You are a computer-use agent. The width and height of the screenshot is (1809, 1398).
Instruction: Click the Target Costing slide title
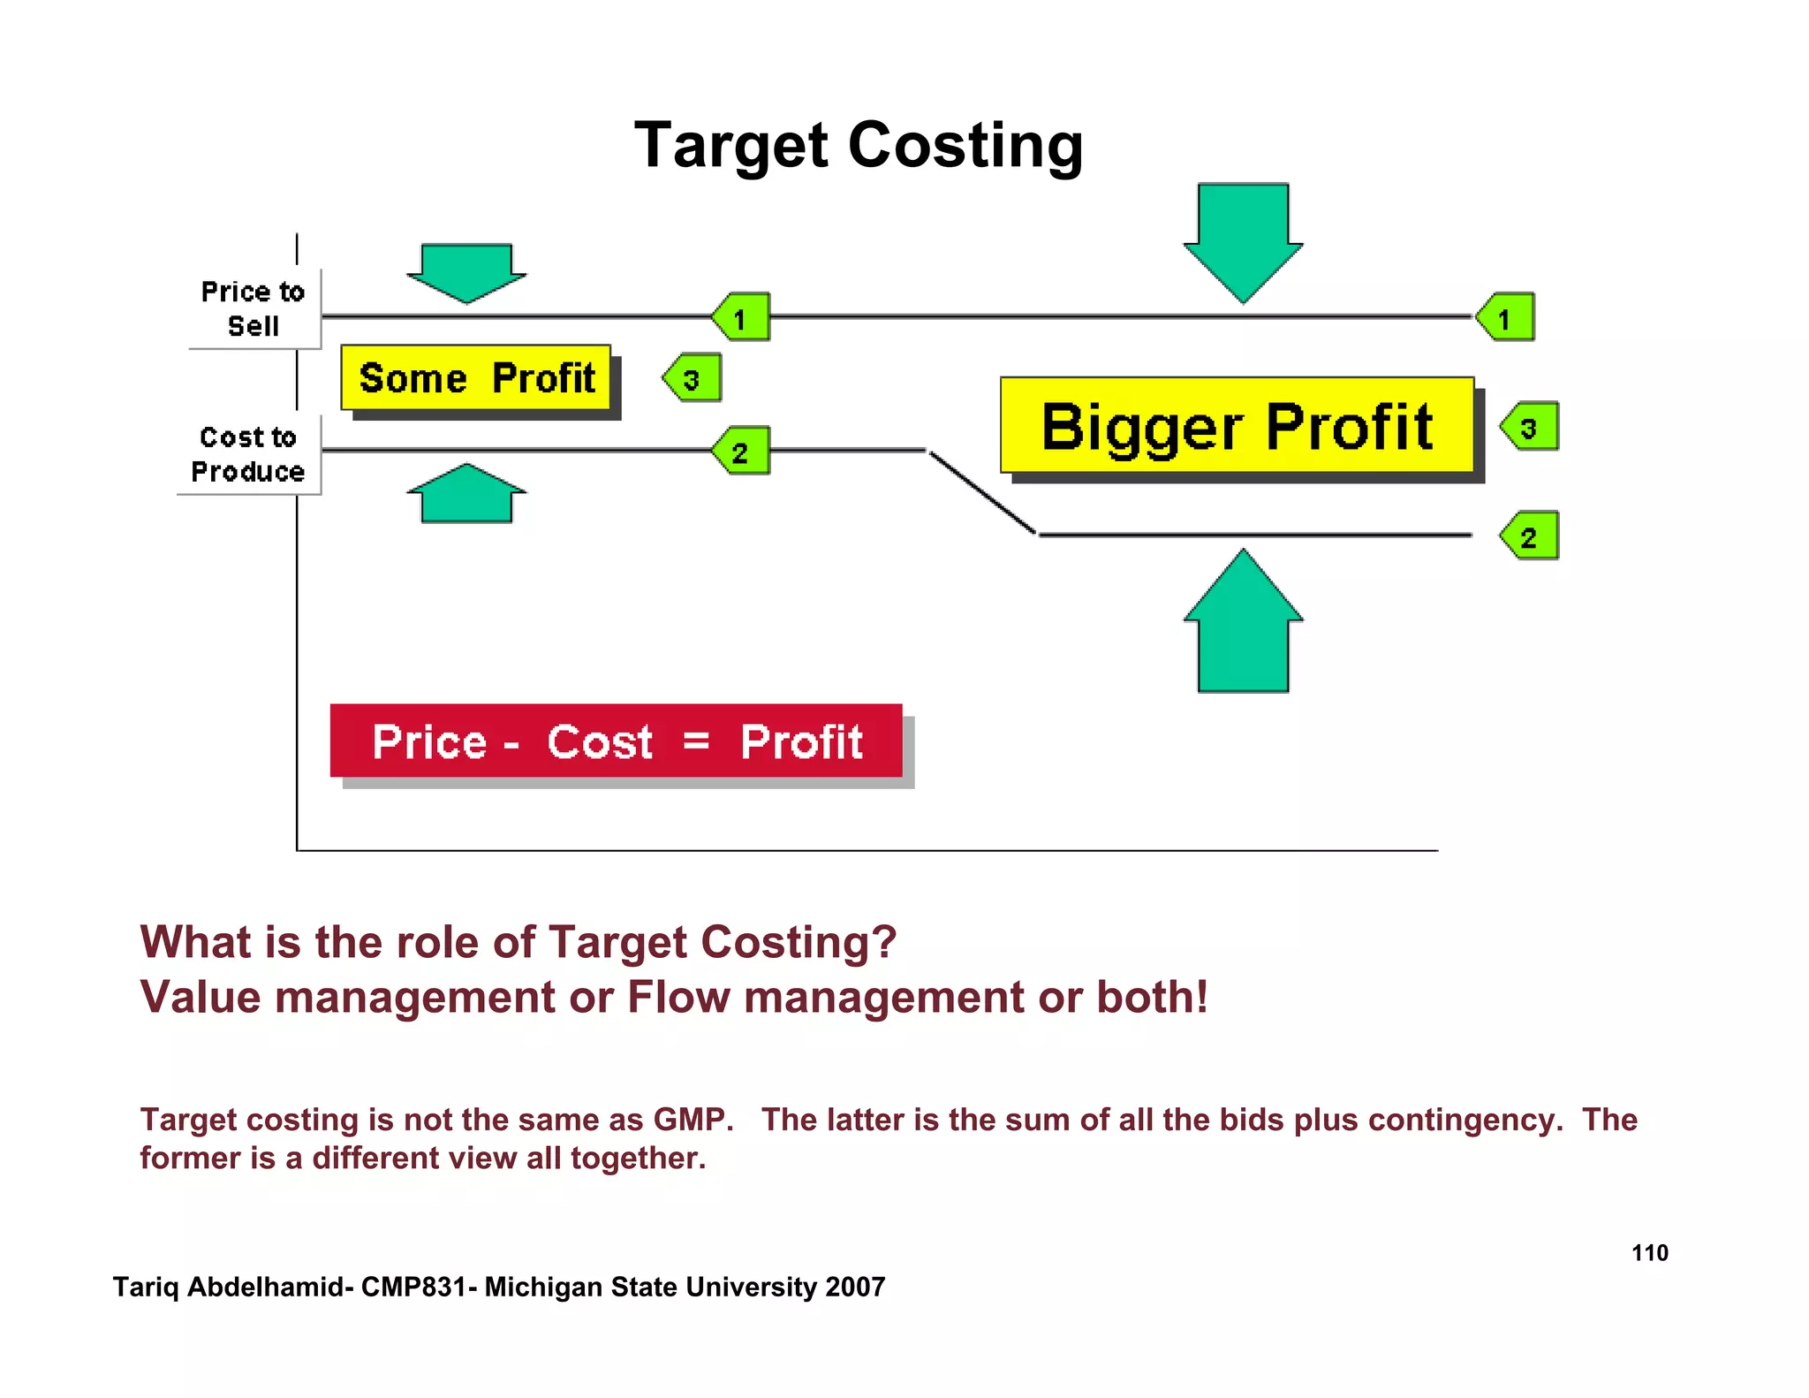click(859, 146)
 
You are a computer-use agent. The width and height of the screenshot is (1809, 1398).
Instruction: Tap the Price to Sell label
click(253, 308)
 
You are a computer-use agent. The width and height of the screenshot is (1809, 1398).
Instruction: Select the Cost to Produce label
click(248, 454)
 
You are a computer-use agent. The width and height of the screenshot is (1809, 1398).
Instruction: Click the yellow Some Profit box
click(476, 378)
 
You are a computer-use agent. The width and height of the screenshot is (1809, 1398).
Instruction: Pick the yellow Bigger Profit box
click(1237, 427)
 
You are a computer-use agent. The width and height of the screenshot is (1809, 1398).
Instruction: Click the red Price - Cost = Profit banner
click(617, 741)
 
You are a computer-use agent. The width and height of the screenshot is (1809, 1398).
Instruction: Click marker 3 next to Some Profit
click(693, 378)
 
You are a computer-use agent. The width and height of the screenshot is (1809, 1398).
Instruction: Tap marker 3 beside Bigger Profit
click(1530, 427)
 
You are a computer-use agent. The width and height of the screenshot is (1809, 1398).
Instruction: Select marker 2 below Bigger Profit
click(1530, 536)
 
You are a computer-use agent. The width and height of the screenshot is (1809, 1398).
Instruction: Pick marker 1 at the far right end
click(1506, 317)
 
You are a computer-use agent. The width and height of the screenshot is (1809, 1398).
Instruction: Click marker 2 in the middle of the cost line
click(742, 452)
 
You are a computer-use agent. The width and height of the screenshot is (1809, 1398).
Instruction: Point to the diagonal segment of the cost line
click(982, 493)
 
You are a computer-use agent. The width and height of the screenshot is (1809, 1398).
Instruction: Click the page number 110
click(1649, 1253)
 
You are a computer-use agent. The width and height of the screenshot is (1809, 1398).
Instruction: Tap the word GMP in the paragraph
click(692, 1120)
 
